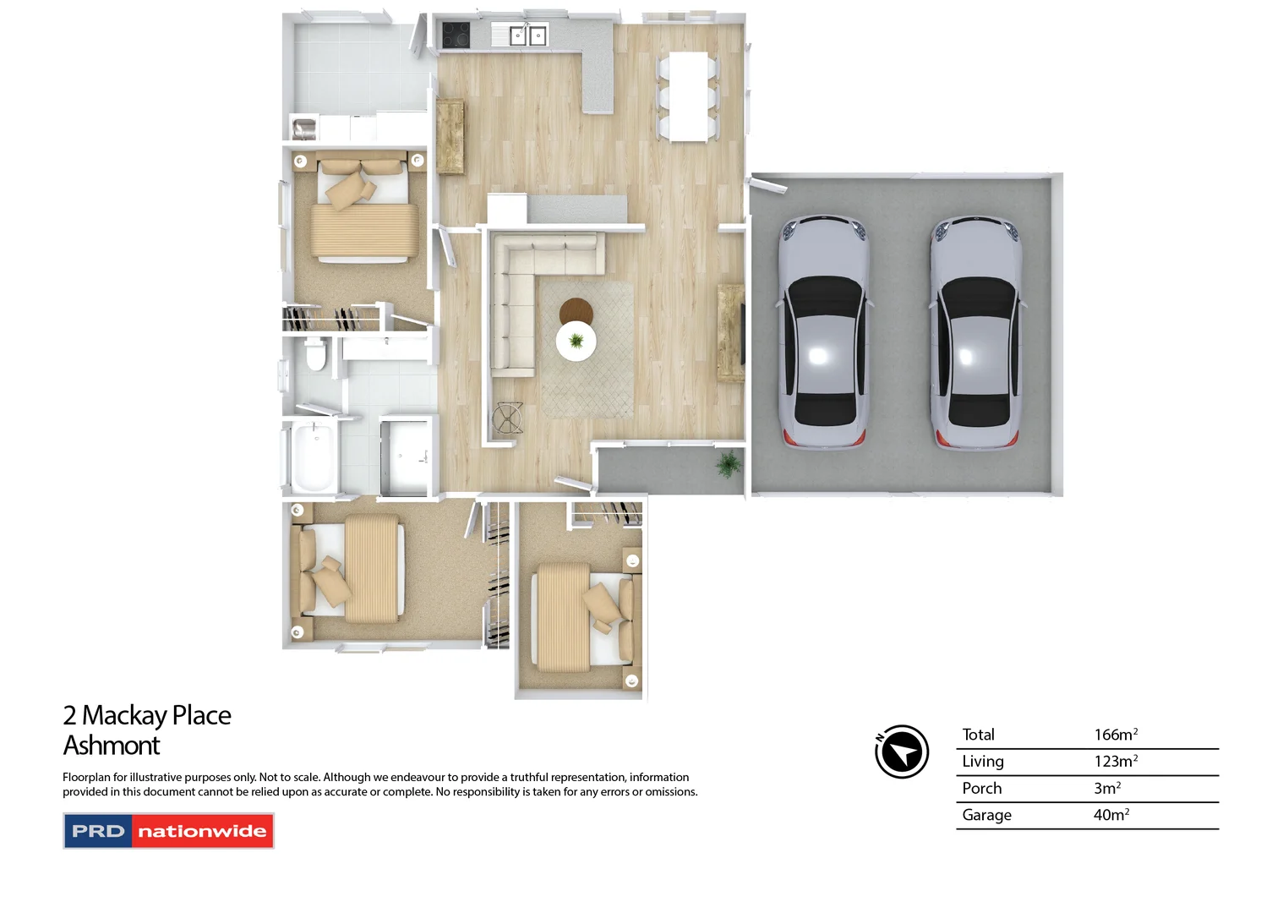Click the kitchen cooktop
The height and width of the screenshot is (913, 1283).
[x=456, y=35]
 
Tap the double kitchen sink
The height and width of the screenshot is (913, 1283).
[x=528, y=36]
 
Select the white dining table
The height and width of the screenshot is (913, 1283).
[x=688, y=96]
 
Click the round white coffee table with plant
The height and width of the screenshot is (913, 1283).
[x=576, y=341]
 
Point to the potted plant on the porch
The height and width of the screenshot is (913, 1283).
[x=728, y=464]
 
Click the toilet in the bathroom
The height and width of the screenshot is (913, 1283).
[x=315, y=354]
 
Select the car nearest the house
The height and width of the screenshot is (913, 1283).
[x=823, y=330]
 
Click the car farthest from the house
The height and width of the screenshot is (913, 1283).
[x=976, y=330]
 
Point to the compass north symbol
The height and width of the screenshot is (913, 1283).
[x=901, y=751]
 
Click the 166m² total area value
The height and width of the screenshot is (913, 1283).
[x=1115, y=735]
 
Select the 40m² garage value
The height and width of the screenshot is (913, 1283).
[x=1111, y=815]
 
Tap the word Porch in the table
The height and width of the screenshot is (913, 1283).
[x=981, y=788]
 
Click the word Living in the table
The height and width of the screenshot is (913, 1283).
[x=982, y=761]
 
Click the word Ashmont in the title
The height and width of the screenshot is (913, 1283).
[x=112, y=746]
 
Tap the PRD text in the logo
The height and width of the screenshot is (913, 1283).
[x=98, y=831]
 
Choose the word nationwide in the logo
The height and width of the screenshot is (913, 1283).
[x=202, y=831]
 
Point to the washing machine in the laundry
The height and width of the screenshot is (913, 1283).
[x=304, y=128]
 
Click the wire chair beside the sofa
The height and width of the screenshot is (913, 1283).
[x=507, y=418]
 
